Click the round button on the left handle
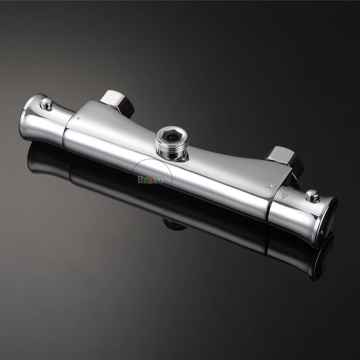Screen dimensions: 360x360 [46, 104]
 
